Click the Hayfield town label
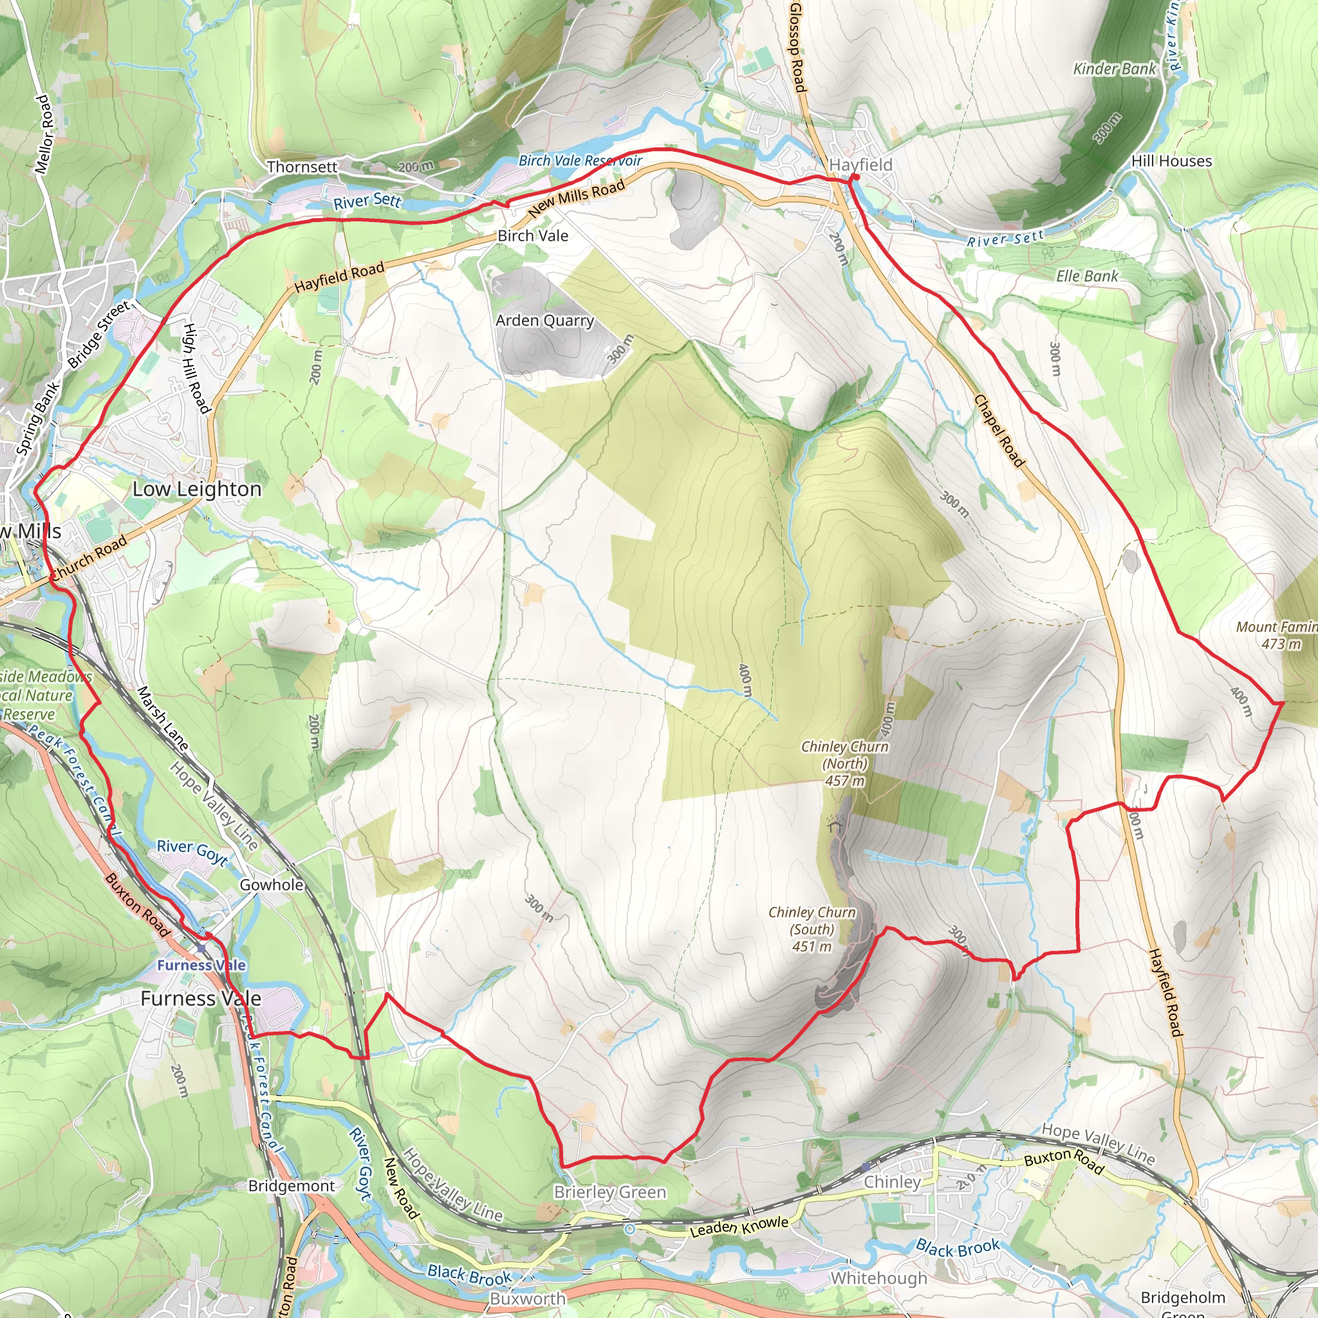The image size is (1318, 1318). point(860,165)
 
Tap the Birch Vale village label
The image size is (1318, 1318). point(533,236)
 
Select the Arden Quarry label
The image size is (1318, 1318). point(544,320)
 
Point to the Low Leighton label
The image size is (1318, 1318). point(197,489)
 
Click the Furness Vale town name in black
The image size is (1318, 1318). point(201,999)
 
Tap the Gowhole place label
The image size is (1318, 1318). point(272,885)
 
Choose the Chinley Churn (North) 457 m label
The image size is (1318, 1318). point(844,763)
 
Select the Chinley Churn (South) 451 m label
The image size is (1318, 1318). point(812,929)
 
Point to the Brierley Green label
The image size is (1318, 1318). point(610,1193)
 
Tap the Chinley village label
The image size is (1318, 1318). point(893,1182)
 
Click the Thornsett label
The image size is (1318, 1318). point(302,167)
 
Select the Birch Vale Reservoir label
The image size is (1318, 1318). point(580,161)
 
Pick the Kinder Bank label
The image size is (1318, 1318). point(1115,69)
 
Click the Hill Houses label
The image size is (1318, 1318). point(1171,162)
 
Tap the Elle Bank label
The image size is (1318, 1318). point(1088,276)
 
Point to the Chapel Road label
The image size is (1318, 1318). point(999,431)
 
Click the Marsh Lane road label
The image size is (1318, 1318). point(162,718)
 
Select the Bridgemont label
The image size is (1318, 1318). point(292,1186)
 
